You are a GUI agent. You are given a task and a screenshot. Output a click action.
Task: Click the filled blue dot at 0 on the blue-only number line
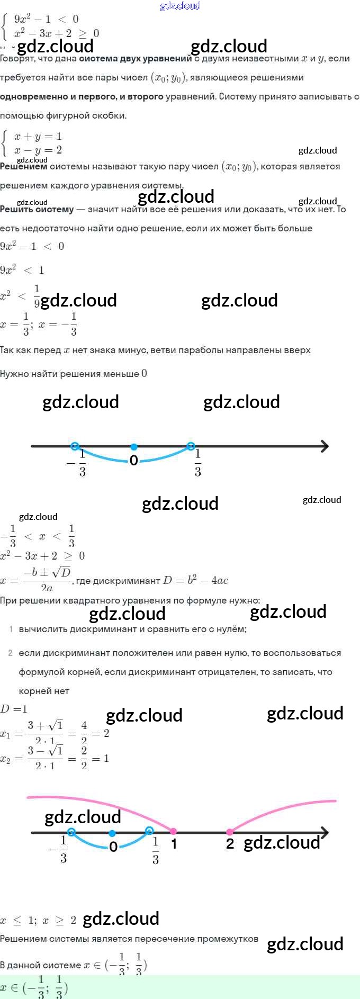134,446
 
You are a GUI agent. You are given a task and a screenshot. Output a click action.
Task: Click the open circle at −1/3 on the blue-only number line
75,446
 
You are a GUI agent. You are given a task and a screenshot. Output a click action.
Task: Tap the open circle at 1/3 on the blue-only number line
191,446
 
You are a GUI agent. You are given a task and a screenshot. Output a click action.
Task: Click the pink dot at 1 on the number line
173,832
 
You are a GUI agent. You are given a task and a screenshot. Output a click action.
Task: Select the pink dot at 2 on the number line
230,832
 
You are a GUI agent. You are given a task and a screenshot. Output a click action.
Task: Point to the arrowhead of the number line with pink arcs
324,833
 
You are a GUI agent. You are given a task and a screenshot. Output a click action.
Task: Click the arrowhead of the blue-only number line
324,446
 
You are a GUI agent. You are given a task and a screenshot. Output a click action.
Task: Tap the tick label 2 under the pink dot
230,844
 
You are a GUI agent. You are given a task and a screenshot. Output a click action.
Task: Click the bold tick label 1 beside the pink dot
174,844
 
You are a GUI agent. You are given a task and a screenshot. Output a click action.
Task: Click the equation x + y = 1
38,137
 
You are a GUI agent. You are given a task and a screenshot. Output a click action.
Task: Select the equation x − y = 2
38,150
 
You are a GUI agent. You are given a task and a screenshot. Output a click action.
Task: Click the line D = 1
14,709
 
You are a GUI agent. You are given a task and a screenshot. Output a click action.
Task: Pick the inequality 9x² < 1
22,270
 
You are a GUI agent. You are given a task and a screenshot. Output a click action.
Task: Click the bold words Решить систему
37,209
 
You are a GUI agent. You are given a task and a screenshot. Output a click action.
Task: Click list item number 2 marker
11,653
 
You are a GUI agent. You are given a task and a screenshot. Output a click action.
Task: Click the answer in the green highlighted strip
34,987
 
